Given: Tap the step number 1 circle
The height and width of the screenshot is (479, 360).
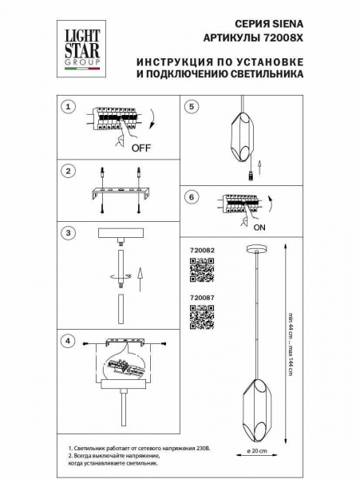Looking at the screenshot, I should click(69, 106).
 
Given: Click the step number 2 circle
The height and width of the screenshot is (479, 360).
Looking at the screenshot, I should click(69, 172).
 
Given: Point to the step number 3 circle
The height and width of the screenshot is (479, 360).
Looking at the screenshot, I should click(69, 233).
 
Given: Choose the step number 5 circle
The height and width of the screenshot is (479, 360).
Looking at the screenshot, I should click(192, 106).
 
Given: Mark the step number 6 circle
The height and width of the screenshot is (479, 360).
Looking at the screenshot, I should click(192, 196).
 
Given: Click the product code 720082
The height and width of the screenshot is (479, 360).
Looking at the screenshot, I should click(203, 251).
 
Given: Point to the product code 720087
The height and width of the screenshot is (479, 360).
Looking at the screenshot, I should click(203, 299).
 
